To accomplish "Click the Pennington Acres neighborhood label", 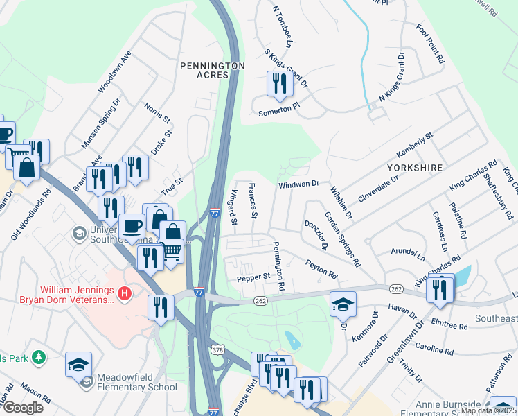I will (212, 70).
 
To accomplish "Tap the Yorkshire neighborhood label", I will (416, 168).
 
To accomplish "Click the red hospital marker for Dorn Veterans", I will (125, 294).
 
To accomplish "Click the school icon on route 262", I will (343, 304).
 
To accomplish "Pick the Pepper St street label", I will (254, 277).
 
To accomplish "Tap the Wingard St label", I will (234, 208).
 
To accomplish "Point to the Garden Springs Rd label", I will (343, 239).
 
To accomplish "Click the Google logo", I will (22, 408).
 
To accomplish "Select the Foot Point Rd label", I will (429, 44).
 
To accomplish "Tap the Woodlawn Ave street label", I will (115, 71).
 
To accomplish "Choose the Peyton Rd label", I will (321, 268).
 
